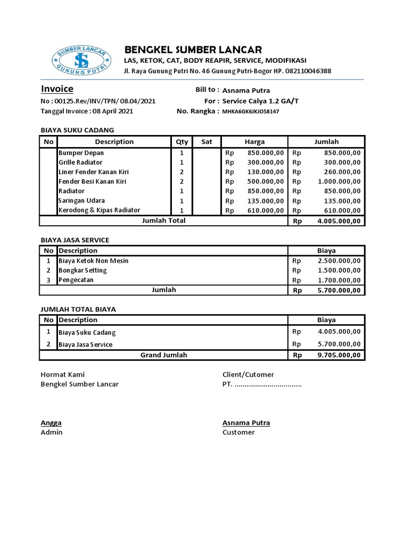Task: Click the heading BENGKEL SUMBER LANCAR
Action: pos(193,50)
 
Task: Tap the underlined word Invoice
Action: pos(57,89)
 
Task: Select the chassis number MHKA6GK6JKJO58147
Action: pos(250,112)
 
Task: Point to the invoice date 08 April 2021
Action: pos(112,111)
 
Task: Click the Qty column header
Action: pos(182,142)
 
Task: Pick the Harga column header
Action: pos(255,142)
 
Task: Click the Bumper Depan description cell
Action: pos(81,153)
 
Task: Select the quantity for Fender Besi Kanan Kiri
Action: pos(182,181)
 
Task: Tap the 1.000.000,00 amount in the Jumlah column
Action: pos(339,181)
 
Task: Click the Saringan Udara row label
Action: pos(82,200)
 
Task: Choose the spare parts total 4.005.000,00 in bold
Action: pos(339,221)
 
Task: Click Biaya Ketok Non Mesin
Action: pos(93,261)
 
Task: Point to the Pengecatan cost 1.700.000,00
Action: pos(339,280)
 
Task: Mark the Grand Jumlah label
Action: pos(163,355)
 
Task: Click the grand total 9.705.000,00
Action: pos(339,355)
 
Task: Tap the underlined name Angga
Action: pos(51,423)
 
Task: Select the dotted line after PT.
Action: pos(268,384)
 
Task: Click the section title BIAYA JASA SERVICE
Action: pos(75,240)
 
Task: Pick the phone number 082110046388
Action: pos(308,71)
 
